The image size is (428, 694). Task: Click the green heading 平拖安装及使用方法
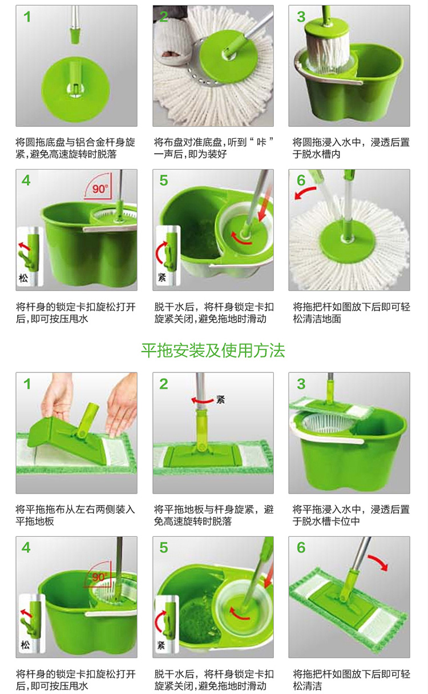pos(213,350)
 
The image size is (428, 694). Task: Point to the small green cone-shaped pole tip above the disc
pos(75,35)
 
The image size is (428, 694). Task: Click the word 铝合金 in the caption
pos(90,143)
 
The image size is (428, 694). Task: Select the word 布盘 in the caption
pos(173,143)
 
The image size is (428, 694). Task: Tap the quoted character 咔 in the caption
pos(261,143)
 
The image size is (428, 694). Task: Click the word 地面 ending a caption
pos(332,319)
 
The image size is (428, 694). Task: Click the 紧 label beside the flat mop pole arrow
pos(221,399)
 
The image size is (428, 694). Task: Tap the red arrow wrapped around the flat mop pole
pos(202,400)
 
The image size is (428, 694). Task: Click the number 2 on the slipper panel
pos(164,17)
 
